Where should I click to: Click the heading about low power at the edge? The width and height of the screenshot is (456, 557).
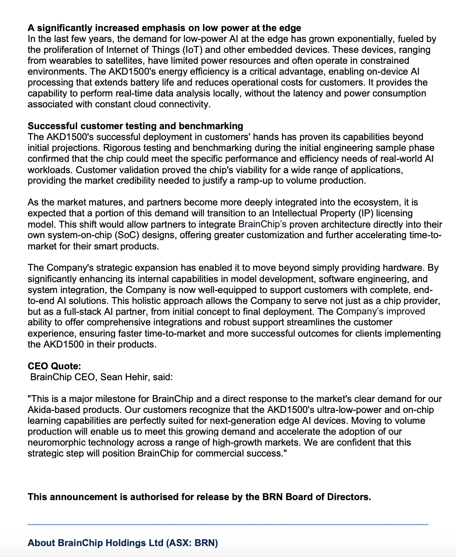tap(164, 28)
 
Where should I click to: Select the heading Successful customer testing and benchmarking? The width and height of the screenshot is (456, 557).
tap(135, 126)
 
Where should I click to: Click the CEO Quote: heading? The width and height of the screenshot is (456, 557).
tap(54, 366)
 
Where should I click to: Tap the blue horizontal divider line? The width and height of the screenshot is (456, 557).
tap(228, 524)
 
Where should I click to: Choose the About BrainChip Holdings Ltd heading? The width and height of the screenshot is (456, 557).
tap(123, 543)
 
